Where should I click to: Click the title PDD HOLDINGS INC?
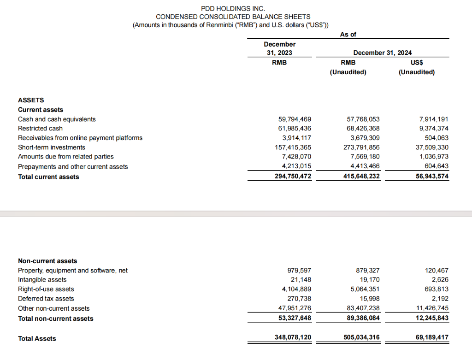click(233, 8)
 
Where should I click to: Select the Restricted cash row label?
click(40, 129)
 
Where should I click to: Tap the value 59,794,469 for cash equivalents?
click(293, 119)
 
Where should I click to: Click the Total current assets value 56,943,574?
click(429, 177)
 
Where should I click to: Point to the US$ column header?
click(417, 62)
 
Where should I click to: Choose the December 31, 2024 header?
click(382, 53)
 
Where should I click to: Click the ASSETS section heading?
click(31, 100)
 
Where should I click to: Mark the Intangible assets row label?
click(42, 280)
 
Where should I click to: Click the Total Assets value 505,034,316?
click(362, 338)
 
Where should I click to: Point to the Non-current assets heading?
click(47, 261)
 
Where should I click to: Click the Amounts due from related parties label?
click(65, 157)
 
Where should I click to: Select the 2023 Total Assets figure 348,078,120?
click(293, 338)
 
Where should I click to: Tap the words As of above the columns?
click(348, 34)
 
